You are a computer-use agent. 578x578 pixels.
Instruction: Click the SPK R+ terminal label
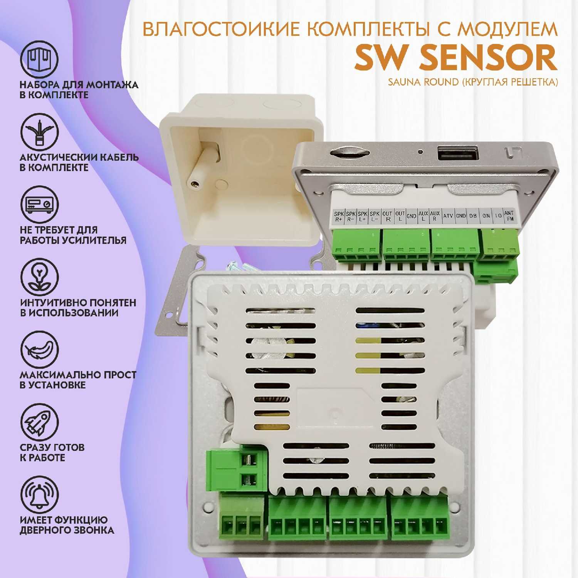pos(339,217)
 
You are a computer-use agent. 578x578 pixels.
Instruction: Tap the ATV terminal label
pos(448,216)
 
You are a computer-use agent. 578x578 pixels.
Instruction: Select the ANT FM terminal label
pos(509,216)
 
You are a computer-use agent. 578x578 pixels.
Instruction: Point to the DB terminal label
pos(473,216)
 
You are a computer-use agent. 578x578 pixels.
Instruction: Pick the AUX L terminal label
pos(423,216)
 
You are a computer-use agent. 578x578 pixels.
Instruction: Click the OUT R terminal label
pos(388,216)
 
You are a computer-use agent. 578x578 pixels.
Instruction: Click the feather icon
pos(39,350)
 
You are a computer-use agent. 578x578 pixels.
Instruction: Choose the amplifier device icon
pos(39,205)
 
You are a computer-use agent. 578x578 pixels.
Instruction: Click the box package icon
pos(39,60)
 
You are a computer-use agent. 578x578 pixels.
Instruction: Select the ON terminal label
pos(486,216)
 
